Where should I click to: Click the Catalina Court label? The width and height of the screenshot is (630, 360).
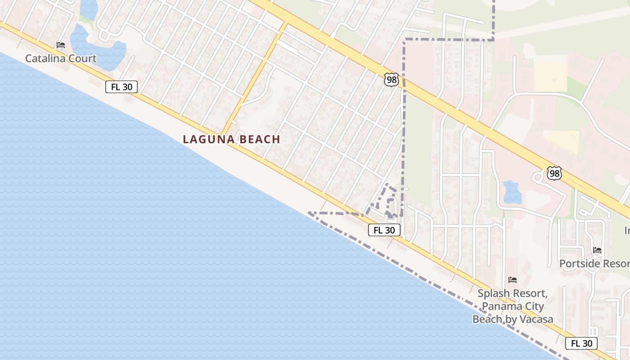coord(61,58)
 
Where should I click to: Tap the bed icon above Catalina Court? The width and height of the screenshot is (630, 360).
coord(61,45)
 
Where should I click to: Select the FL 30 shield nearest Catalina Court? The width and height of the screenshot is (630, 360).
coord(121,87)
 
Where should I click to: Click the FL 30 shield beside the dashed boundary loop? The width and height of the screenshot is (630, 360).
coord(384,230)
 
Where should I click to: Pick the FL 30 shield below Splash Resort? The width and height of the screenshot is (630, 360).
coord(581,343)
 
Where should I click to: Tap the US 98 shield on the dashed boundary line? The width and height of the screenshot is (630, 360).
coord(391,80)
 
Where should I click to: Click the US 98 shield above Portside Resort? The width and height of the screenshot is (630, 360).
coord(554,173)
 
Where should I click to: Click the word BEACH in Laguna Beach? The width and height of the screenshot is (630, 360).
coord(260,139)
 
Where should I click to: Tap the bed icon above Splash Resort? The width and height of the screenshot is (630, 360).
coord(512,280)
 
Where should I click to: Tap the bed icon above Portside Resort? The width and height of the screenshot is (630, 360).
coord(597,250)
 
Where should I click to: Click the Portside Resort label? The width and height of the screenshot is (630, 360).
coord(594,264)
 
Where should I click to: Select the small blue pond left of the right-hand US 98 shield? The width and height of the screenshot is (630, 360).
coord(512,192)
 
